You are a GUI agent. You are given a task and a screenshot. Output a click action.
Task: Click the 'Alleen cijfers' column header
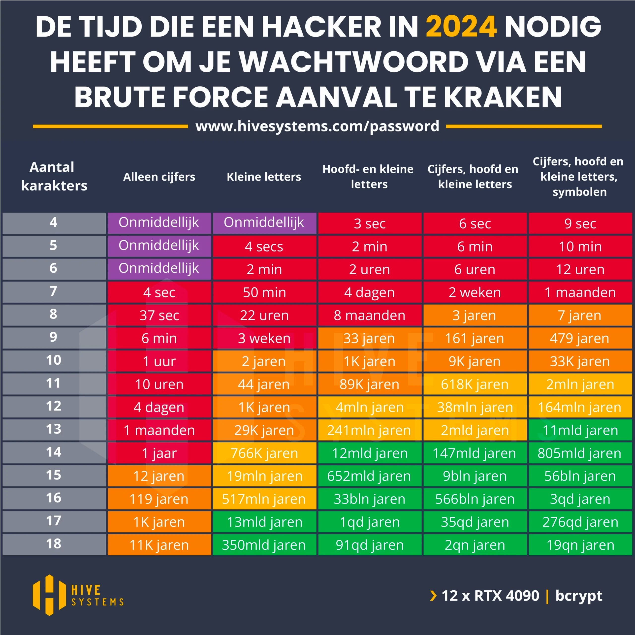(159, 177)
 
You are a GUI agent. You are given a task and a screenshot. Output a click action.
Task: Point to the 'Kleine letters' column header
(264, 177)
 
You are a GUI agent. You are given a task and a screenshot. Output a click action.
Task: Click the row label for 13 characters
(54, 429)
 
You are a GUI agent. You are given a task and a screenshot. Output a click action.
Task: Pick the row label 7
(54, 291)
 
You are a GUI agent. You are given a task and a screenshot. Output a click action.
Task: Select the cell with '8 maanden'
(369, 315)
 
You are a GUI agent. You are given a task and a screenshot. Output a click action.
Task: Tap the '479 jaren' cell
(580, 338)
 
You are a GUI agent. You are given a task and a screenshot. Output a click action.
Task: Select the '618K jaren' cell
(475, 384)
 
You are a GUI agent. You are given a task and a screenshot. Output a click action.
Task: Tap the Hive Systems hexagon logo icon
(49, 595)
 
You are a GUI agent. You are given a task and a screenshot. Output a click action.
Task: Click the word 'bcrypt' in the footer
(579, 596)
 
